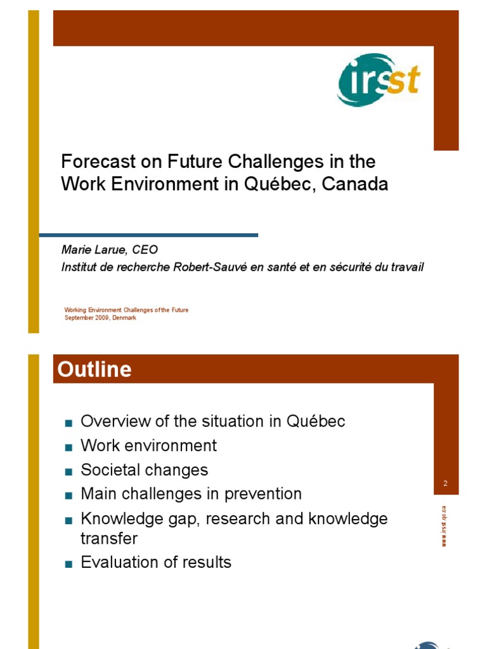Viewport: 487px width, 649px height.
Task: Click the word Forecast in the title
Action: click(x=89, y=162)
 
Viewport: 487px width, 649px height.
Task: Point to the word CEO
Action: click(x=144, y=250)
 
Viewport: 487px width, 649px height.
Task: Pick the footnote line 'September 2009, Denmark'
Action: click(x=100, y=318)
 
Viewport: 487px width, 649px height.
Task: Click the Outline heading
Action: click(x=95, y=369)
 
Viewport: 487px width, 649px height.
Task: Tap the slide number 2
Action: click(x=446, y=484)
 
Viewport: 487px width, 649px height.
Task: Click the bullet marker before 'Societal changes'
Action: click(x=68, y=472)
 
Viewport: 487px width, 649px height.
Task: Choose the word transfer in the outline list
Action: click(x=109, y=538)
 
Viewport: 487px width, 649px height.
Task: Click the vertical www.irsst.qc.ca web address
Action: click(x=445, y=525)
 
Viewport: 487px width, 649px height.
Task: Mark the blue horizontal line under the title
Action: click(x=148, y=235)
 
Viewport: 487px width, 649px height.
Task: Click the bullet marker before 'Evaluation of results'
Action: click(x=68, y=563)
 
